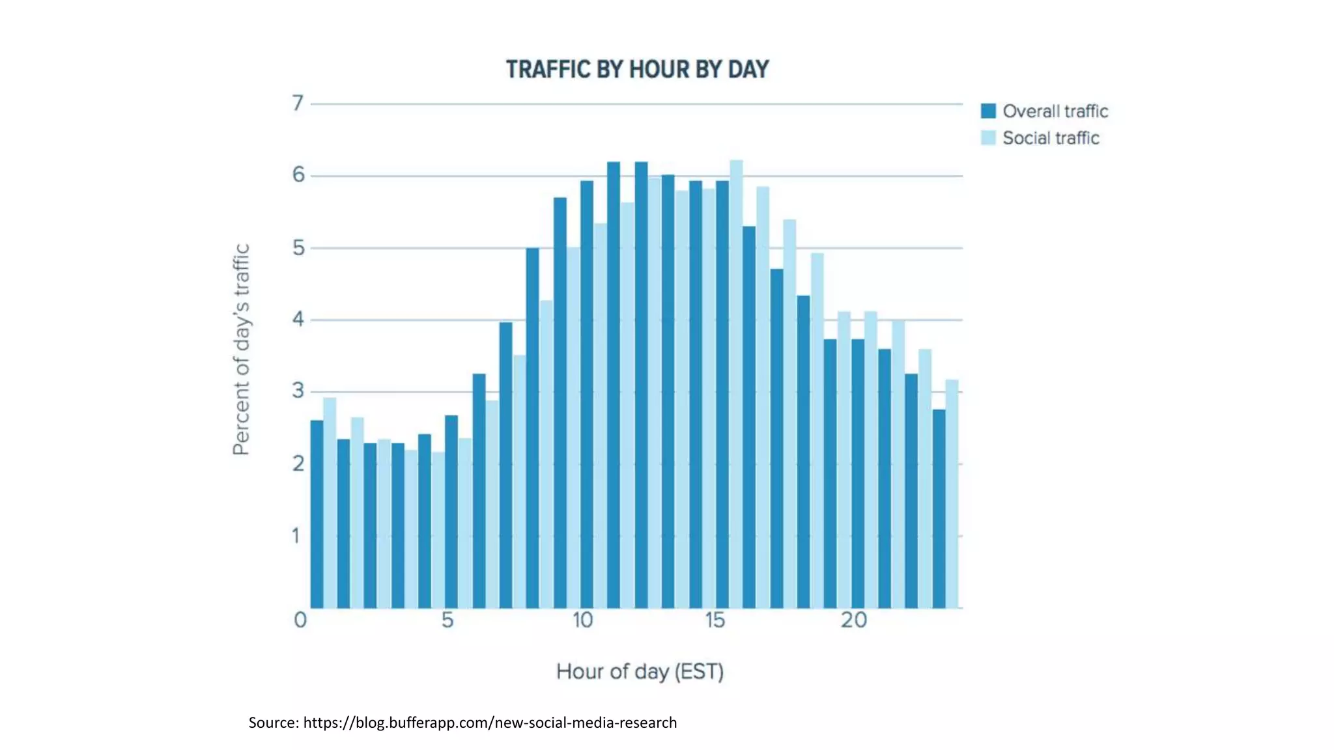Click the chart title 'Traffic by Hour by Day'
637,70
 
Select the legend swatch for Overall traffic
988,111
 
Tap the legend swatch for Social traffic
988,138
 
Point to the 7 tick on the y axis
298,103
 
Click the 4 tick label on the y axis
298,319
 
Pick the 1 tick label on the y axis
296,536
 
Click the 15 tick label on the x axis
715,620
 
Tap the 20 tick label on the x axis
853,620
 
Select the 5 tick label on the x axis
447,620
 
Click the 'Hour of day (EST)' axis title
640,671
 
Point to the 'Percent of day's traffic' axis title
241,350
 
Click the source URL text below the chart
462,723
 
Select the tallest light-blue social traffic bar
736,384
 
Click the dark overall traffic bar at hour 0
317,514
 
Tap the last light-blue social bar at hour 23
952,495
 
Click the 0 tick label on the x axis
300,620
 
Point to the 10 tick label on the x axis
582,620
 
